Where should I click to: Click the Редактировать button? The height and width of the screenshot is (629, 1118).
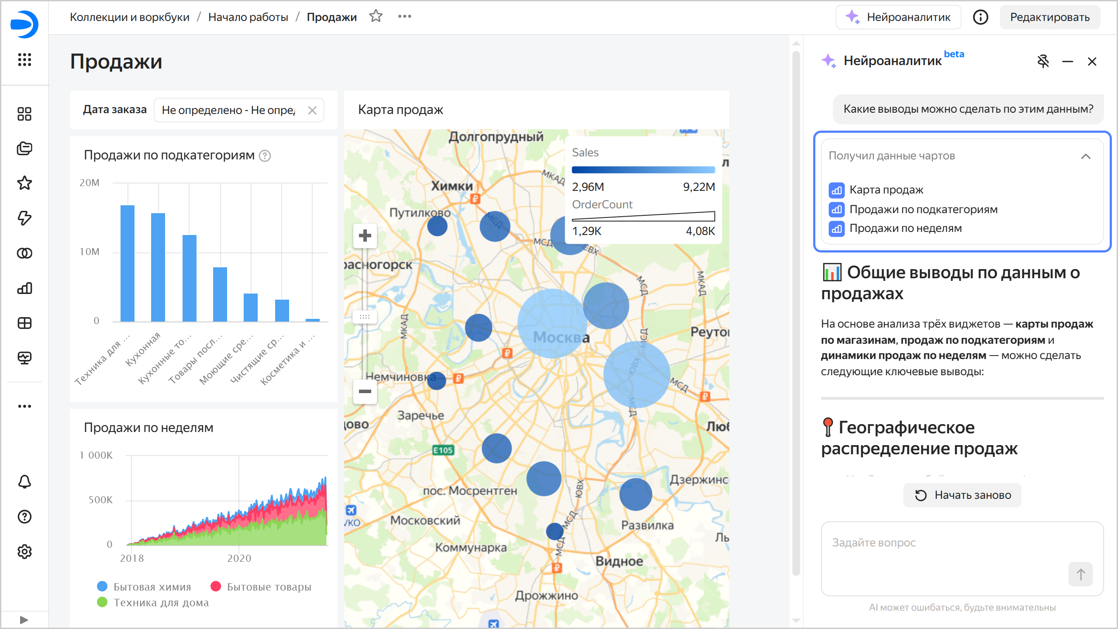click(1049, 17)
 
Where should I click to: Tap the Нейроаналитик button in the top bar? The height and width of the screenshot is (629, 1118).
click(898, 17)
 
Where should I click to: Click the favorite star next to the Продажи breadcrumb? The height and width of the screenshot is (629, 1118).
click(376, 17)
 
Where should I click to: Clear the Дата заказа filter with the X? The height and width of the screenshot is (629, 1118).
click(312, 110)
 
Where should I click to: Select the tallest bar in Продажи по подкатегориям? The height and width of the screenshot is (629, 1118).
click(128, 263)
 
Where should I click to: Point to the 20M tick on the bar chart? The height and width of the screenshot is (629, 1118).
click(90, 183)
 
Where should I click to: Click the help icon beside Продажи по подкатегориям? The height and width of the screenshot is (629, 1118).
click(265, 156)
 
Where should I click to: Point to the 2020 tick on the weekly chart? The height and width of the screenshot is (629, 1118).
click(239, 558)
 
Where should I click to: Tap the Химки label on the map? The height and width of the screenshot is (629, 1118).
click(452, 186)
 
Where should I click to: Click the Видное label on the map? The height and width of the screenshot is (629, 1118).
click(619, 561)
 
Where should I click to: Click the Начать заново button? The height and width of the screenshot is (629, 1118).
click(963, 495)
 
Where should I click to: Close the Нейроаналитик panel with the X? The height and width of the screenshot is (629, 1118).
click(1092, 62)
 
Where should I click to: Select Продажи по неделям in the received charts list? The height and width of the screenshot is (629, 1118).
click(905, 228)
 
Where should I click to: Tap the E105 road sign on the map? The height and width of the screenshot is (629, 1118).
click(443, 450)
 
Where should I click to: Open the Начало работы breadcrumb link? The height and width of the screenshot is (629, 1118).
click(248, 17)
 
